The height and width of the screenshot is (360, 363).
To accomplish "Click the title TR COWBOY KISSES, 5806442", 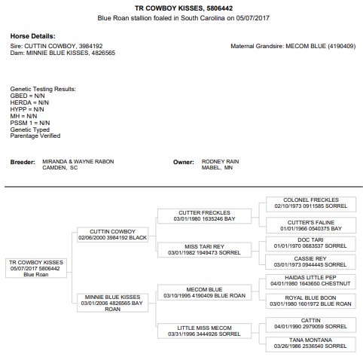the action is pos(184,8).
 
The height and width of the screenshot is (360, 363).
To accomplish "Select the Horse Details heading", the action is pos(32,36).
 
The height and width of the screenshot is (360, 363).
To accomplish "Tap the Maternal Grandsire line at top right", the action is pos(293,46).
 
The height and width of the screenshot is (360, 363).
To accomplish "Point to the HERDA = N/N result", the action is pos(29,102).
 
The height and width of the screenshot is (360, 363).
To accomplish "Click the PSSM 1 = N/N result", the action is pos(30,123).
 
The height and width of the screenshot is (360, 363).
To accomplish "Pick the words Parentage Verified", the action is pos(35,136).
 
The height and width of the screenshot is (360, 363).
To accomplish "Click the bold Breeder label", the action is pos(23,162).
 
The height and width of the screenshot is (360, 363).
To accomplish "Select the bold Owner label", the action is pos(184,162).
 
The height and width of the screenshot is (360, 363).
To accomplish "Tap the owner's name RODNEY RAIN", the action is pos(220,161).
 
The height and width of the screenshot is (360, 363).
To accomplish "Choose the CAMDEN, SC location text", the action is pos(60,167).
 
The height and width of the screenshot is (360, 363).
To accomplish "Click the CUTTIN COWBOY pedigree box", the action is pos(112,235).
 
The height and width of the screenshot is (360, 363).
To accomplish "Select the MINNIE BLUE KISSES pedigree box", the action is pos(112,303).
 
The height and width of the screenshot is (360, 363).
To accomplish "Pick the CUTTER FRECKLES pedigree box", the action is pos(204,216).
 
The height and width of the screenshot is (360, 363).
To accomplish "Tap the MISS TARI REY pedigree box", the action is pos(204,250).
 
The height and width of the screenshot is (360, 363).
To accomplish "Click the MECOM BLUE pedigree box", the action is pos(204,292).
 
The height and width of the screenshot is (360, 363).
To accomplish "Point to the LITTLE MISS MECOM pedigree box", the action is pos(204,331).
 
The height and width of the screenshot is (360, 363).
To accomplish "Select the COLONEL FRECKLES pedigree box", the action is pos(311,204).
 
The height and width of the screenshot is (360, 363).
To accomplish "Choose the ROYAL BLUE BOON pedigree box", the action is pos(310,301).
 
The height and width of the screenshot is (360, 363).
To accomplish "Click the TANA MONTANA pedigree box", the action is pos(310,344).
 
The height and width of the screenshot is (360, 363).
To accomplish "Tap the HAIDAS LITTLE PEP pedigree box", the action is pos(310,282).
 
